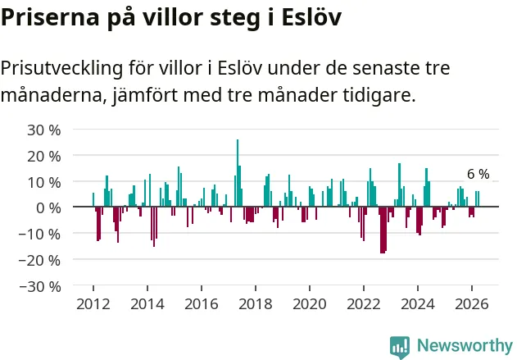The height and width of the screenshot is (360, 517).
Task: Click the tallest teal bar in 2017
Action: coord(238,173)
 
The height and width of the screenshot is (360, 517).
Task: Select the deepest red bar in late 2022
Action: coord(382,230)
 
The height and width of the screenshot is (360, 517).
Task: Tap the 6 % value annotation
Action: coord(478,174)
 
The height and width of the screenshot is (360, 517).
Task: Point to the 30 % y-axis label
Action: coord(44,130)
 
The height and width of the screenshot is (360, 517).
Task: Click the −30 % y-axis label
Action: coord(40,286)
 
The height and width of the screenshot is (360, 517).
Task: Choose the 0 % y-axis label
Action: coord(48,208)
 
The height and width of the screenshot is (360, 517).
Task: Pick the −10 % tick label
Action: coord(40,235)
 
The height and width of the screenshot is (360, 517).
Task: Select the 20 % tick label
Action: coord(44,156)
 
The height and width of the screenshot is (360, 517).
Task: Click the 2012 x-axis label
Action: coord(93,304)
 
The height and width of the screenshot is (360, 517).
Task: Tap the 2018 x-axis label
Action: coord(255,304)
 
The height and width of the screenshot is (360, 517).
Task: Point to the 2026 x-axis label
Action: coord(471,304)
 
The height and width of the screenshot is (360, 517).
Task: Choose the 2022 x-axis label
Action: coord(363,304)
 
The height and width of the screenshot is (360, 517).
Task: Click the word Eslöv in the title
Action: coord(311,16)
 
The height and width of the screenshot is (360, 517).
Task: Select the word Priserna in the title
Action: coord(50,16)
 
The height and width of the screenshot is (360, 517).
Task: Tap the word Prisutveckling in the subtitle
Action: coord(61,69)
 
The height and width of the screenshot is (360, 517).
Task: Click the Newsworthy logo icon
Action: coord(400,347)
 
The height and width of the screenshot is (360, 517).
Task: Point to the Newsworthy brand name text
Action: coord(465,345)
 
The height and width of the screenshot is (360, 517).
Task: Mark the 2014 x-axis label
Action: coord(147,304)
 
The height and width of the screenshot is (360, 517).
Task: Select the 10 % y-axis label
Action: coord(44,182)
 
